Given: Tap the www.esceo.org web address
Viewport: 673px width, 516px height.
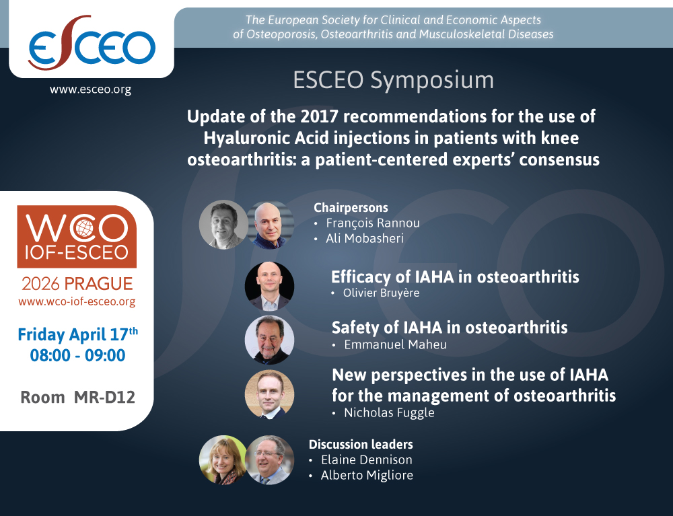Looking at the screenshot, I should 90,89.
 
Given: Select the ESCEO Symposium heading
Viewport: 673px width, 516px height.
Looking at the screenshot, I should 393,80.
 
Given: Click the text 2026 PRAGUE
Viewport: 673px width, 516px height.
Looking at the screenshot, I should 77,283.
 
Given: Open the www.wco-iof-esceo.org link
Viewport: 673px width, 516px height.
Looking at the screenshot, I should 77,301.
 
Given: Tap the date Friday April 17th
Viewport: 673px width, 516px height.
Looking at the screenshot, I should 77,334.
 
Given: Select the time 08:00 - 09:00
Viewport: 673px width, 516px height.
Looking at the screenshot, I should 77,355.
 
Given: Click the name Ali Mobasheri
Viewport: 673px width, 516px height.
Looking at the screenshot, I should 364,238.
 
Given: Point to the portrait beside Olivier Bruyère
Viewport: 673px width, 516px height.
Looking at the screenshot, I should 269,286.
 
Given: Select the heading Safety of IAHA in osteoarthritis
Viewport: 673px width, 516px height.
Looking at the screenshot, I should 450,328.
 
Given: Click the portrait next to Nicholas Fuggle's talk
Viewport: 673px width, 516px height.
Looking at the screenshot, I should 269,394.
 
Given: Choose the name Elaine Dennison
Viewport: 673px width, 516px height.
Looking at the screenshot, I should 367,460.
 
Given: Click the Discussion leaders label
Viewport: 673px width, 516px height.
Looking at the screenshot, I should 361,444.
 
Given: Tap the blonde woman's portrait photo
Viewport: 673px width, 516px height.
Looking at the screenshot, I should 223,460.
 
